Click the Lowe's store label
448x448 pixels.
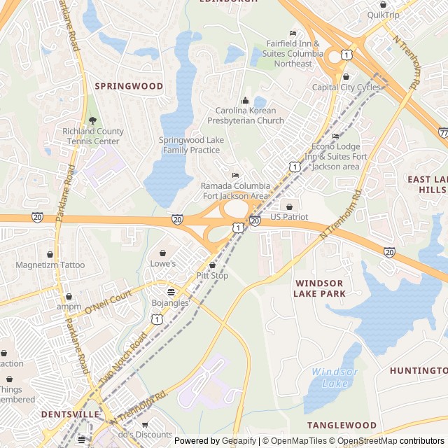point(163,263)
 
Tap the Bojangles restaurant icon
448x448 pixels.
point(171,291)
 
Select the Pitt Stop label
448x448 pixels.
point(212,276)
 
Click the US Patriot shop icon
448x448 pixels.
point(290,206)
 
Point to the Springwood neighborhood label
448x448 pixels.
point(129,86)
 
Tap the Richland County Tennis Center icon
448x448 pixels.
point(92,120)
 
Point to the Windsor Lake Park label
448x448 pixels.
point(321,288)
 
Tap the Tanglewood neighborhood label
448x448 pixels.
point(342,425)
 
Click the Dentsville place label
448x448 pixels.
point(70,414)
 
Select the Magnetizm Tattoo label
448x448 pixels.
point(50,265)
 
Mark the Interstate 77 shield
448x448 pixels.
point(444,131)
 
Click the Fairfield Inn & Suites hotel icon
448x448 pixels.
point(293,34)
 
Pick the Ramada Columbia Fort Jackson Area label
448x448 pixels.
point(234,191)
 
